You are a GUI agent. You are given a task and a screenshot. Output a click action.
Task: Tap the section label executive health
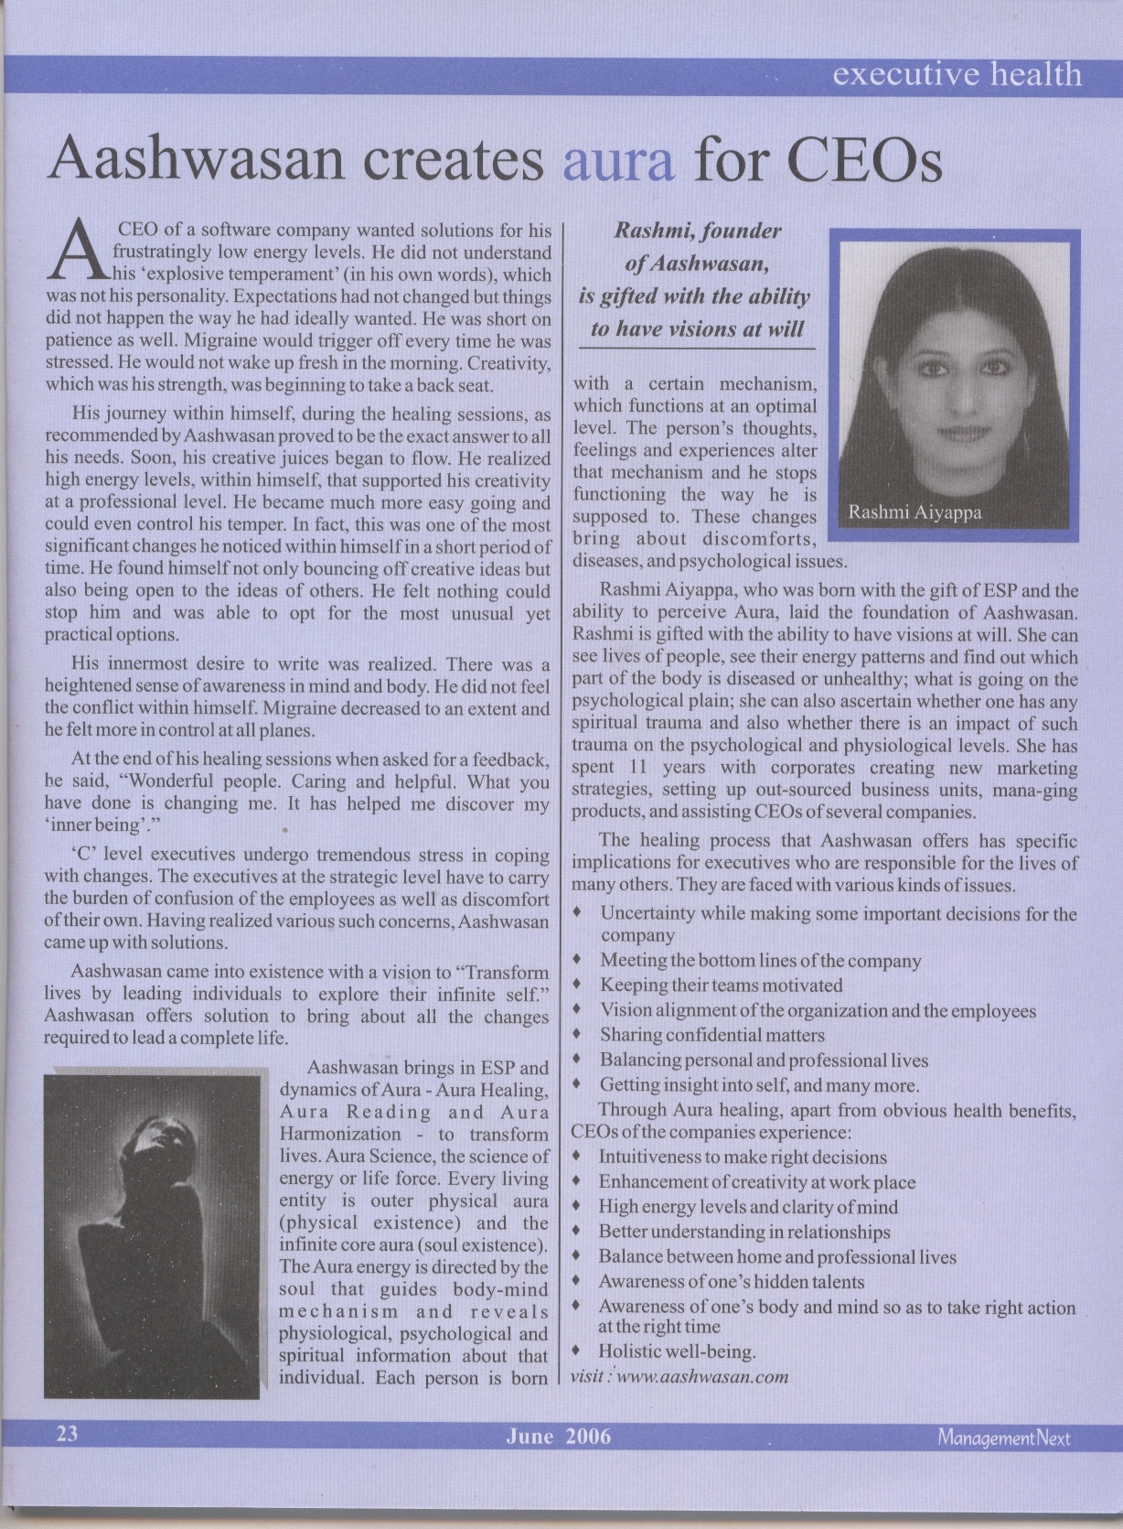coord(957,74)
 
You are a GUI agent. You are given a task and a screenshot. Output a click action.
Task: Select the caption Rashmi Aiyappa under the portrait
coord(914,512)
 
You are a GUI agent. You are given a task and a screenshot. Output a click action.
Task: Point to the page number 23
coord(68,1433)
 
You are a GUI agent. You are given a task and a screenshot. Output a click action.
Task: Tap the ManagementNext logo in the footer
coord(1003,1437)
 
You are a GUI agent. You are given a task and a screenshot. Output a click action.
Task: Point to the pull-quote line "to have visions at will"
coord(697,329)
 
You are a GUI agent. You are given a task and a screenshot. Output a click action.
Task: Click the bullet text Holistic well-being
coord(677,1351)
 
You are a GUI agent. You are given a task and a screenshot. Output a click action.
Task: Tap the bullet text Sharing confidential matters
coord(711,1035)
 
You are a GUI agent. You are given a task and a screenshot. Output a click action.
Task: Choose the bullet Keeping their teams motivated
coord(721,985)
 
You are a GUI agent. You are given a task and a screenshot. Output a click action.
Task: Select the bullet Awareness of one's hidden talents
coord(731,1282)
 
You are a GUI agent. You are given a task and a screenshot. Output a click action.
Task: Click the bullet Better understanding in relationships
coord(743,1232)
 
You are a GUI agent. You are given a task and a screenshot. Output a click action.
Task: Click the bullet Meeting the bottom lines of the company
coord(760,961)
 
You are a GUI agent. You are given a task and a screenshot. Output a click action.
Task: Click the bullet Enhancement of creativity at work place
coord(756,1182)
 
